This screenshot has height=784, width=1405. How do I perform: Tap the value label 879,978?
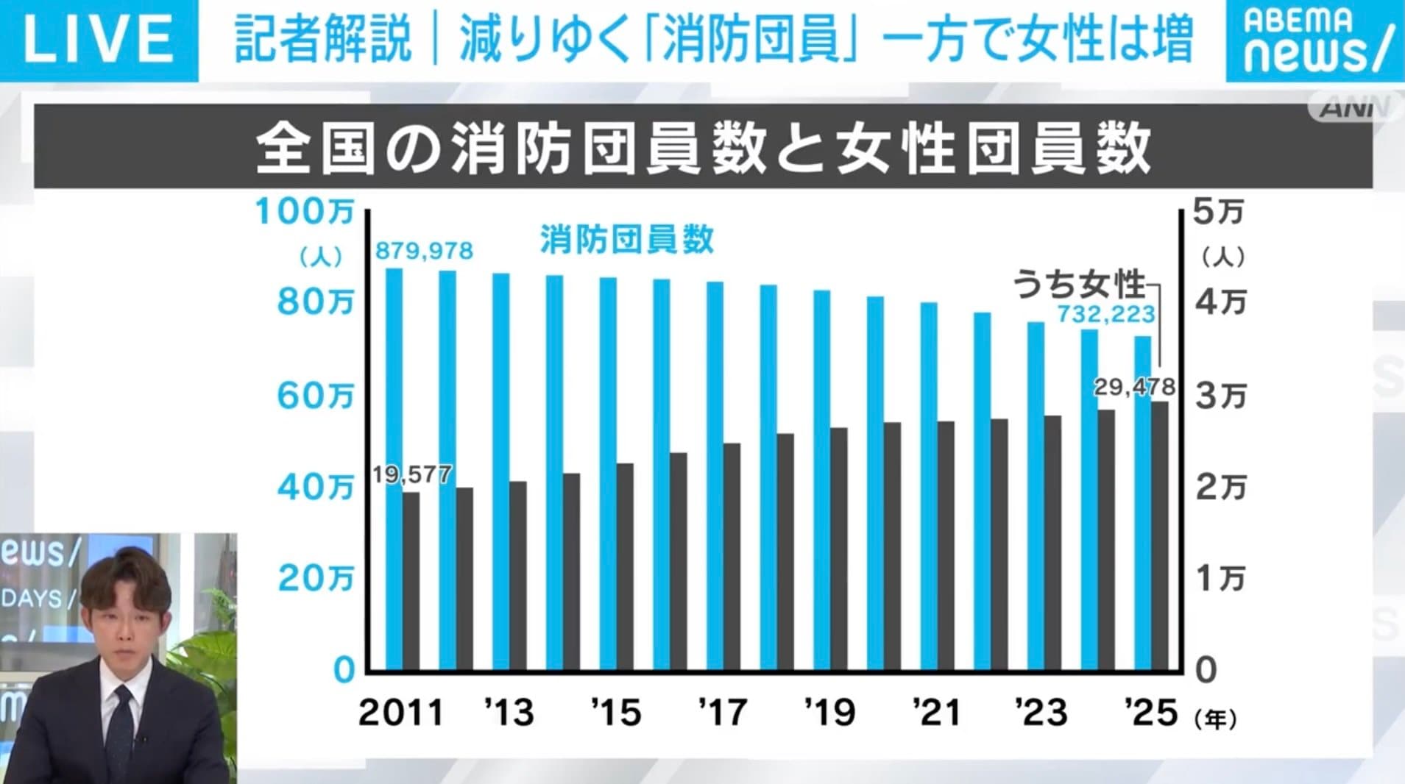(x=424, y=251)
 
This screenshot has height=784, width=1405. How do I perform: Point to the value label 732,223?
(x=1105, y=315)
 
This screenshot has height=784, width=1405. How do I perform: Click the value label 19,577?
(x=411, y=474)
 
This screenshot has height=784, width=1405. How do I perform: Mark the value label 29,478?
(x=1133, y=387)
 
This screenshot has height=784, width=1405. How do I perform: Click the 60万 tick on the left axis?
(x=315, y=396)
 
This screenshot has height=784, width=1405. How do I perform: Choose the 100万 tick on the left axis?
(x=304, y=213)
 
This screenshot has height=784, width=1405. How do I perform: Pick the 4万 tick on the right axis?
(x=1220, y=303)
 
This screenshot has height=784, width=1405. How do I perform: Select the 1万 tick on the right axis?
(x=1220, y=579)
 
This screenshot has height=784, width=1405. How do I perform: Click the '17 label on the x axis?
(x=723, y=713)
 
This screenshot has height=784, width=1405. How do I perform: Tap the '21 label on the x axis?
(x=936, y=713)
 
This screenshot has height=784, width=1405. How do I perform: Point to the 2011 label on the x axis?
(x=401, y=713)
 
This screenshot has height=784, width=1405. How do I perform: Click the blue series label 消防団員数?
(x=626, y=240)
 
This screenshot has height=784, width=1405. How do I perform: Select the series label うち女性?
(x=1079, y=284)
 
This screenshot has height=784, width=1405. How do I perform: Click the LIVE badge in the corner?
(x=99, y=39)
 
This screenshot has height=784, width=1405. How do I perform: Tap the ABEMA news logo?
(x=1314, y=40)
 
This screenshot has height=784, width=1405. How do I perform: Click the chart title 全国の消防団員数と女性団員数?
(x=703, y=148)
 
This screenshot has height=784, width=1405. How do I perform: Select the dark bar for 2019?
(x=838, y=549)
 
